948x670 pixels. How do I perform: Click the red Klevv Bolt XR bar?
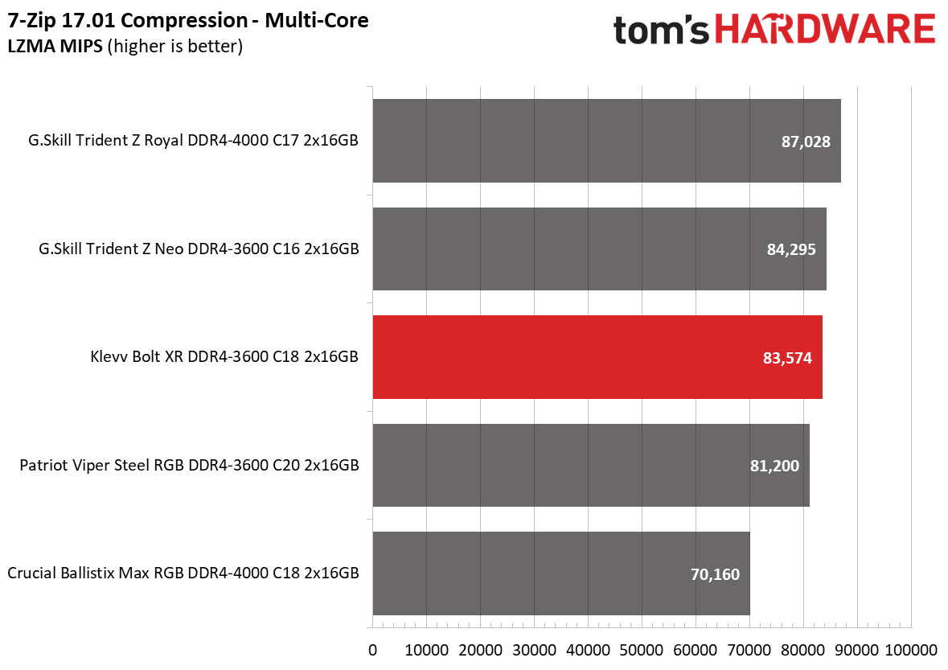click(x=597, y=357)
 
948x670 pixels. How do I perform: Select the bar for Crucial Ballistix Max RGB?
click(x=561, y=573)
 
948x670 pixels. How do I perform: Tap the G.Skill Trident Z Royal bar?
click(x=606, y=140)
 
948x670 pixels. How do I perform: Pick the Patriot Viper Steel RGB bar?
click(x=591, y=465)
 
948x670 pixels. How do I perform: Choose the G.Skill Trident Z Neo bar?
click(x=600, y=249)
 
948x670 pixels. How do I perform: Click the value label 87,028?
click(x=806, y=142)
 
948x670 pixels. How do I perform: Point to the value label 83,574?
click(x=787, y=358)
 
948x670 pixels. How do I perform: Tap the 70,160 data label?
click(x=716, y=574)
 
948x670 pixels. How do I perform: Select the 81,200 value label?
click(x=774, y=466)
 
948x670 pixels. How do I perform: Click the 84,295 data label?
click(x=791, y=249)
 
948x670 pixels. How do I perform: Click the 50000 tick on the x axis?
click(x=642, y=650)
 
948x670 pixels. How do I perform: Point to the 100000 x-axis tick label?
click(x=911, y=650)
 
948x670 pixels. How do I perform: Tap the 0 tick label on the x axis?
click(x=372, y=650)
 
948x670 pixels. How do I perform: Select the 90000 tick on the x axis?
click(x=856, y=650)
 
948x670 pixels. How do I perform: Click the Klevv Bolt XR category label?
click(x=224, y=357)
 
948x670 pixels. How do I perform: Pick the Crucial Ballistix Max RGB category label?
click(x=183, y=573)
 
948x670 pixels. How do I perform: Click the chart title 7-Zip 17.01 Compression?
click(x=128, y=21)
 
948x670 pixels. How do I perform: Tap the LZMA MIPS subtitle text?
click(x=55, y=46)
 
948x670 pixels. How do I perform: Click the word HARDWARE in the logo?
click(x=825, y=29)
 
